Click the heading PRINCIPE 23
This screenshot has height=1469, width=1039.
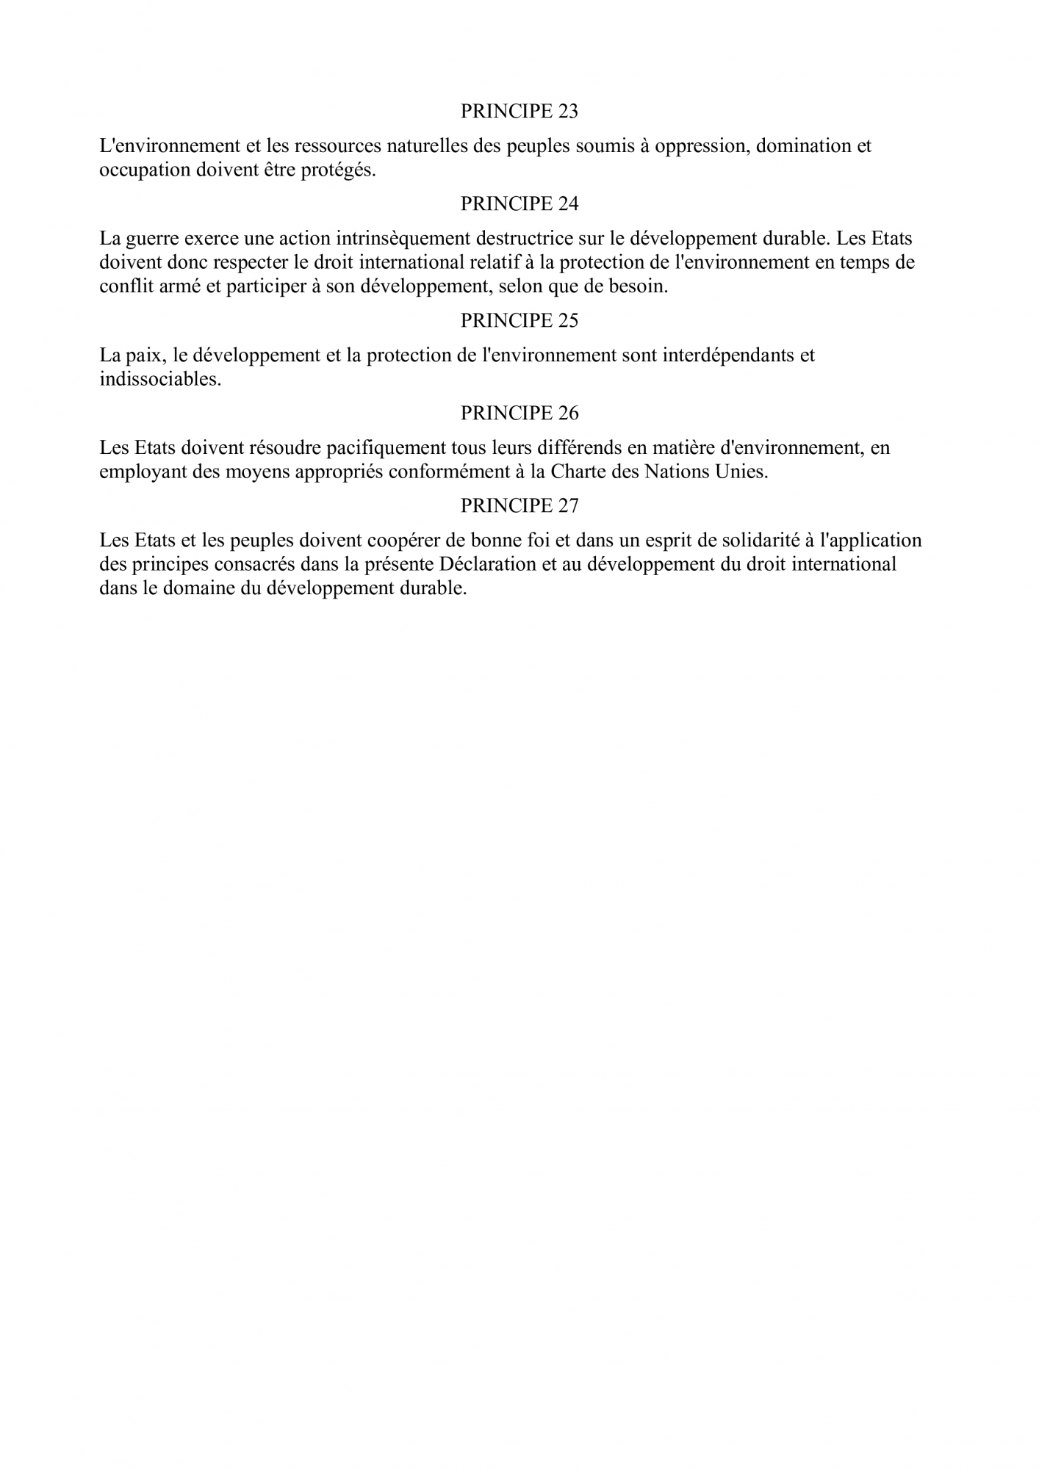(519, 112)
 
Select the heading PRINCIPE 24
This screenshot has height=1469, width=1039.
(519, 204)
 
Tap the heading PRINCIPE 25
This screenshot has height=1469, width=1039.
(519, 320)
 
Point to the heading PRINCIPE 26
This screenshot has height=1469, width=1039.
(519, 414)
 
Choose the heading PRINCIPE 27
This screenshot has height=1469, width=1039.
(519, 506)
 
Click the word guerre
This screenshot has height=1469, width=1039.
(151, 239)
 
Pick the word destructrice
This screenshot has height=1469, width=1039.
(523, 239)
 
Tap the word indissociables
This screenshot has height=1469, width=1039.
(160, 380)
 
